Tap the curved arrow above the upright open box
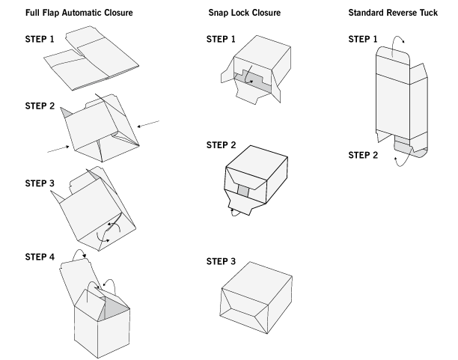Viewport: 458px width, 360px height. (x=94, y=287)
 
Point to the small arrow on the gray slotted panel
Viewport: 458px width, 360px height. (x=252, y=78)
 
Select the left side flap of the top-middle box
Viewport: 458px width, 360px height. (x=228, y=75)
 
